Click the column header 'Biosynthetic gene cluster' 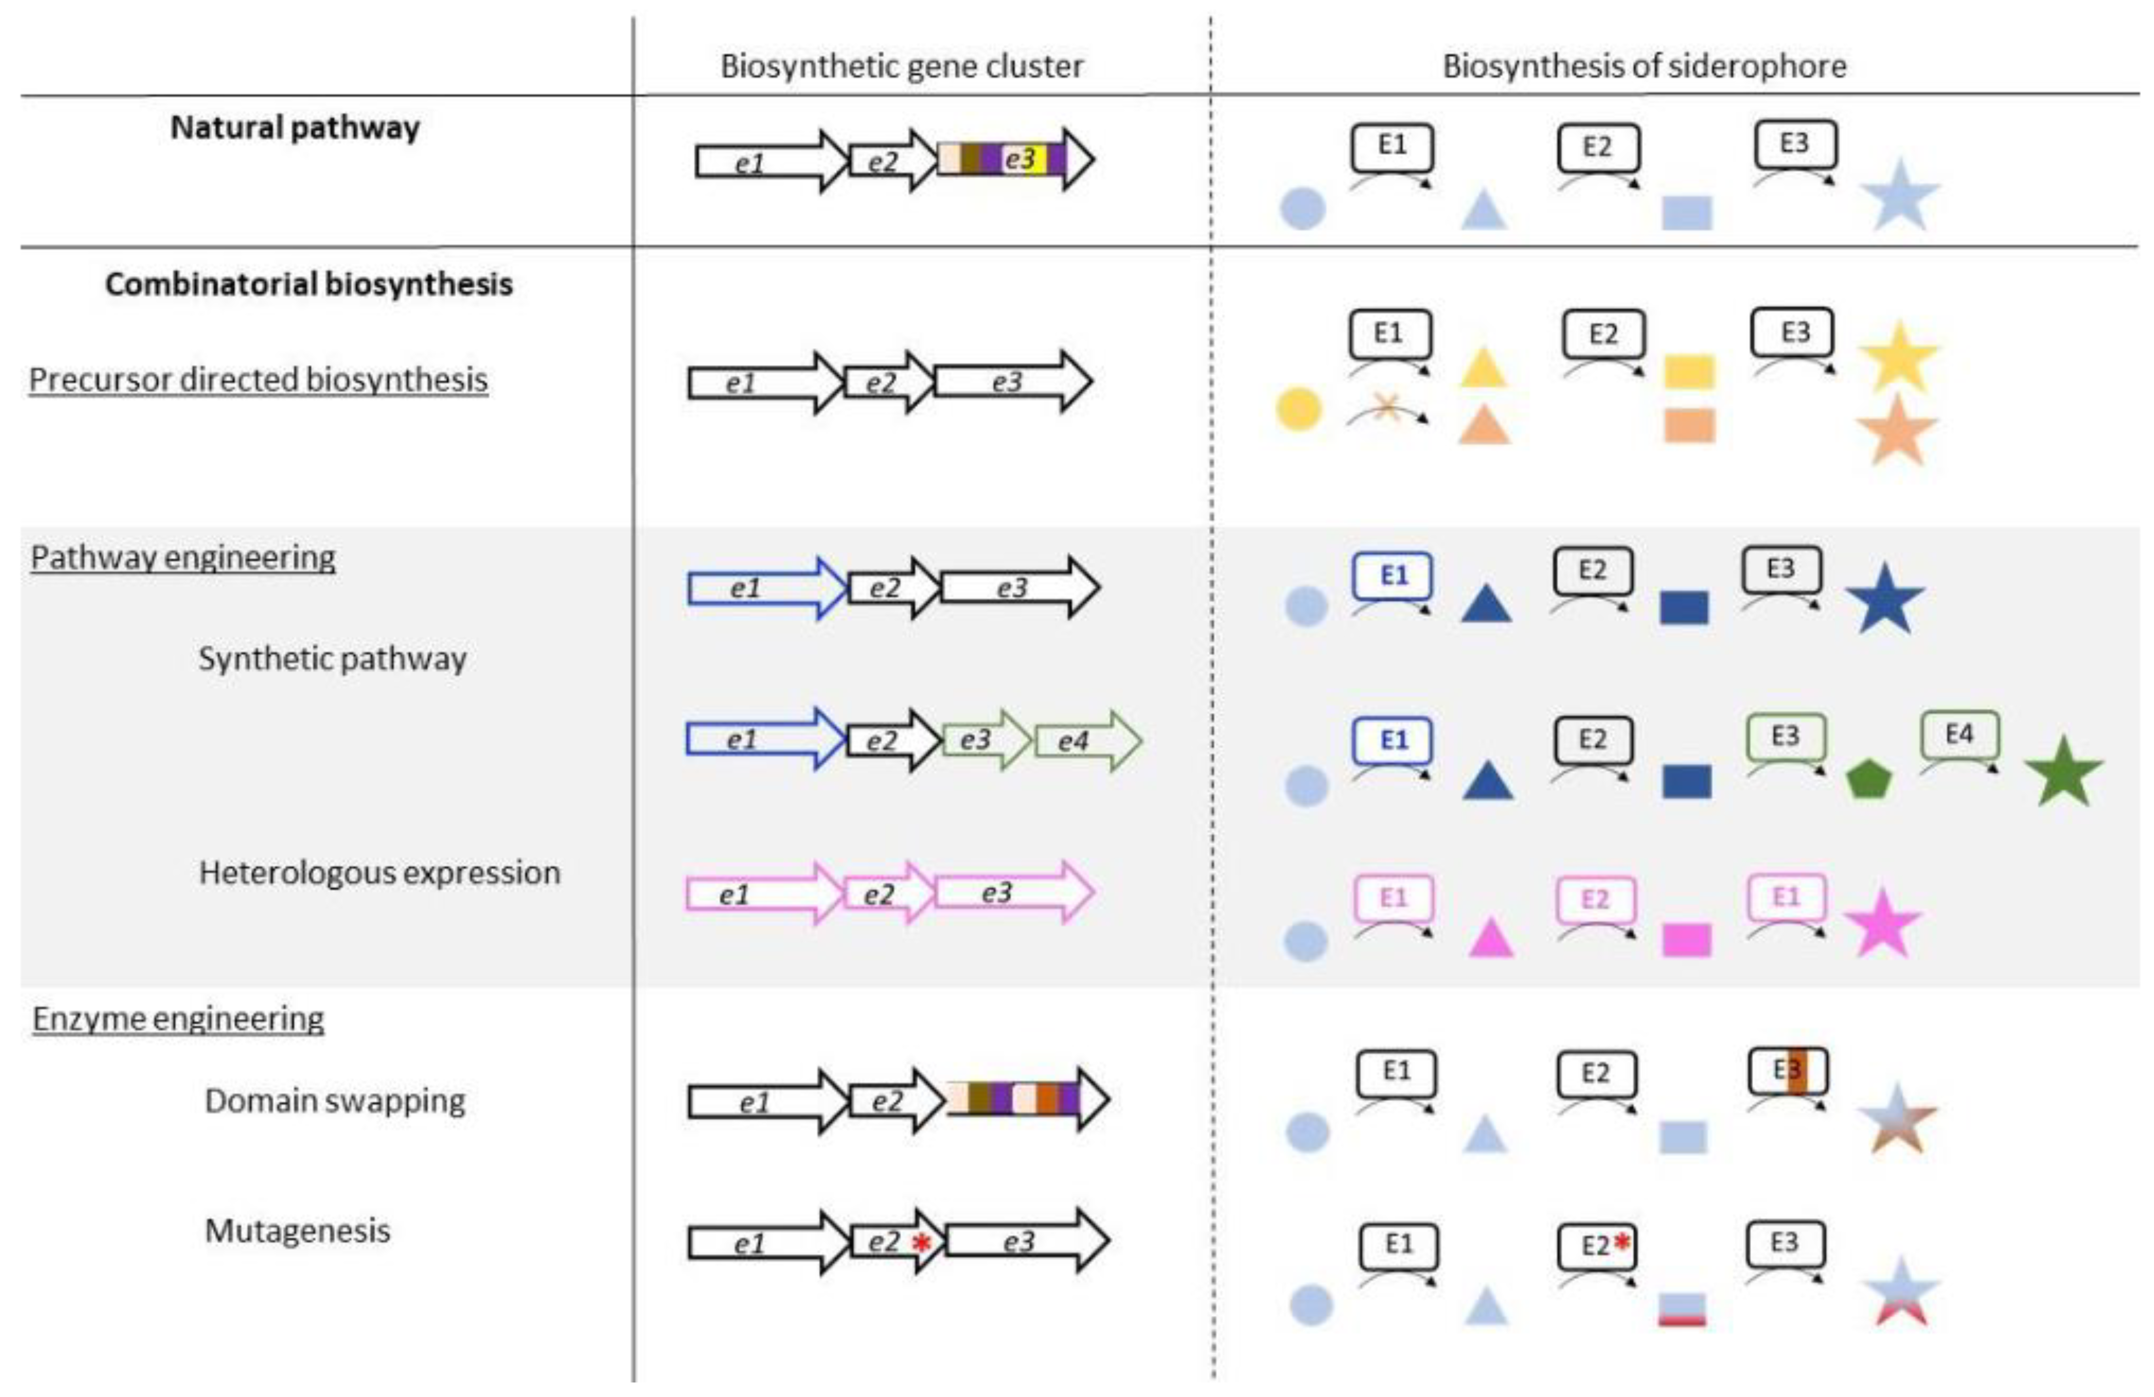(x=902, y=66)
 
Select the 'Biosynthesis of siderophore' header (x=1643, y=66)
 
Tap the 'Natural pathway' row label (x=295, y=128)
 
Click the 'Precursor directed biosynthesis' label (x=259, y=379)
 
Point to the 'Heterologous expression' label (x=379, y=873)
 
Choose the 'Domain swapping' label (x=335, y=1101)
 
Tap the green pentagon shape (x=1868, y=778)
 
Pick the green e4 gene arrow (x=1086, y=741)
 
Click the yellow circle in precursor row (x=1299, y=409)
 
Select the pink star (x=1883, y=924)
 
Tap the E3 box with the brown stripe (x=1788, y=1071)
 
